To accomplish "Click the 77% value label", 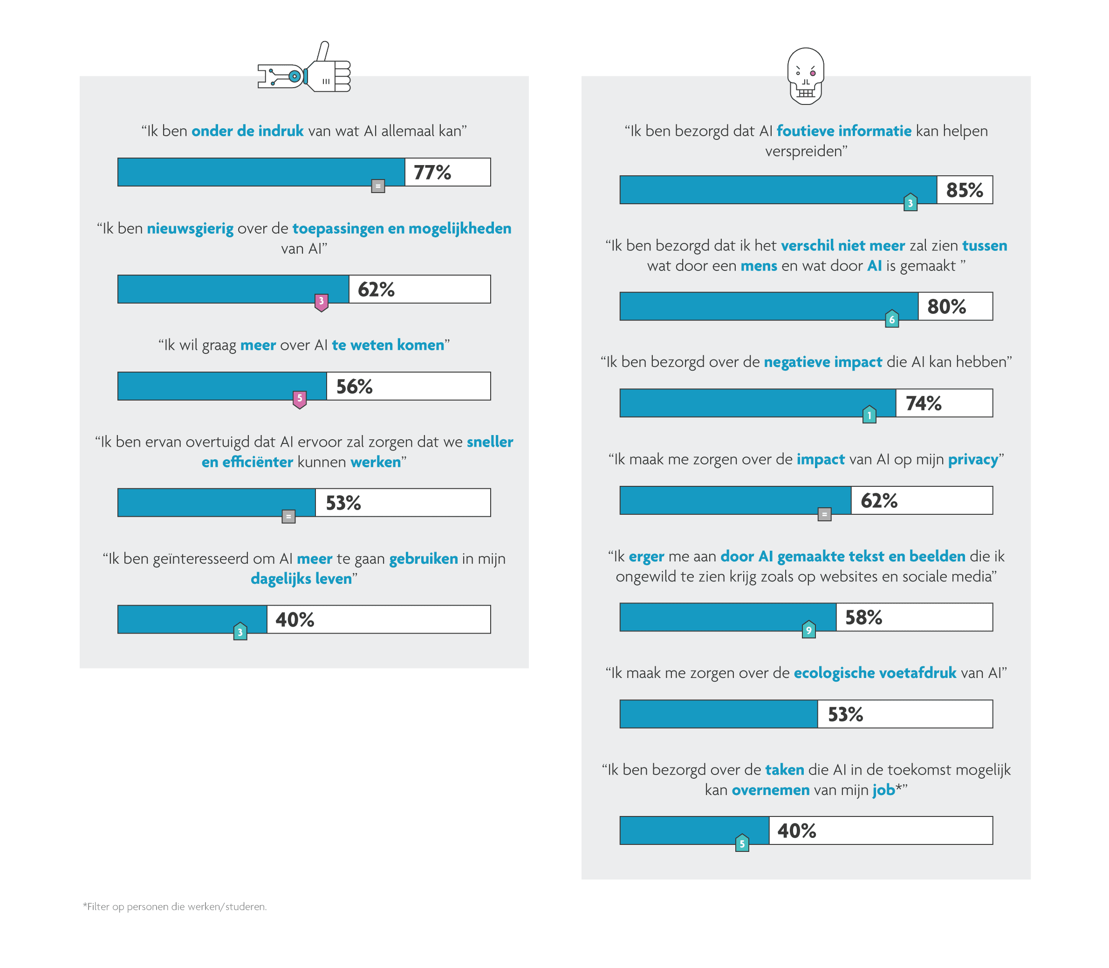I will tap(432, 173).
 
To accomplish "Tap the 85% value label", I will tap(964, 190).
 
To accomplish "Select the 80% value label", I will tap(946, 307).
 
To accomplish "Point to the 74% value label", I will tap(923, 403).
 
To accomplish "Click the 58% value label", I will tap(863, 617).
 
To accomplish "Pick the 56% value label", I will tap(354, 387).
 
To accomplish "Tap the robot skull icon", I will tap(806, 76).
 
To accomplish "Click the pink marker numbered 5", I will tap(300, 399).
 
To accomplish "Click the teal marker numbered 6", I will tap(891, 319).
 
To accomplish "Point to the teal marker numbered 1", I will tap(869, 415).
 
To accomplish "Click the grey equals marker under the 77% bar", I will tap(378, 187).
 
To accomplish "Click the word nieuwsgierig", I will tap(190, 228).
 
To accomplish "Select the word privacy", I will tap(973, 459).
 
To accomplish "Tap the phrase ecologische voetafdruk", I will tap(875, 673).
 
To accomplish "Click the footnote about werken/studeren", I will tap(174, 906).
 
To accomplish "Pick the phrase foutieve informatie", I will tap(843, 131).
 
